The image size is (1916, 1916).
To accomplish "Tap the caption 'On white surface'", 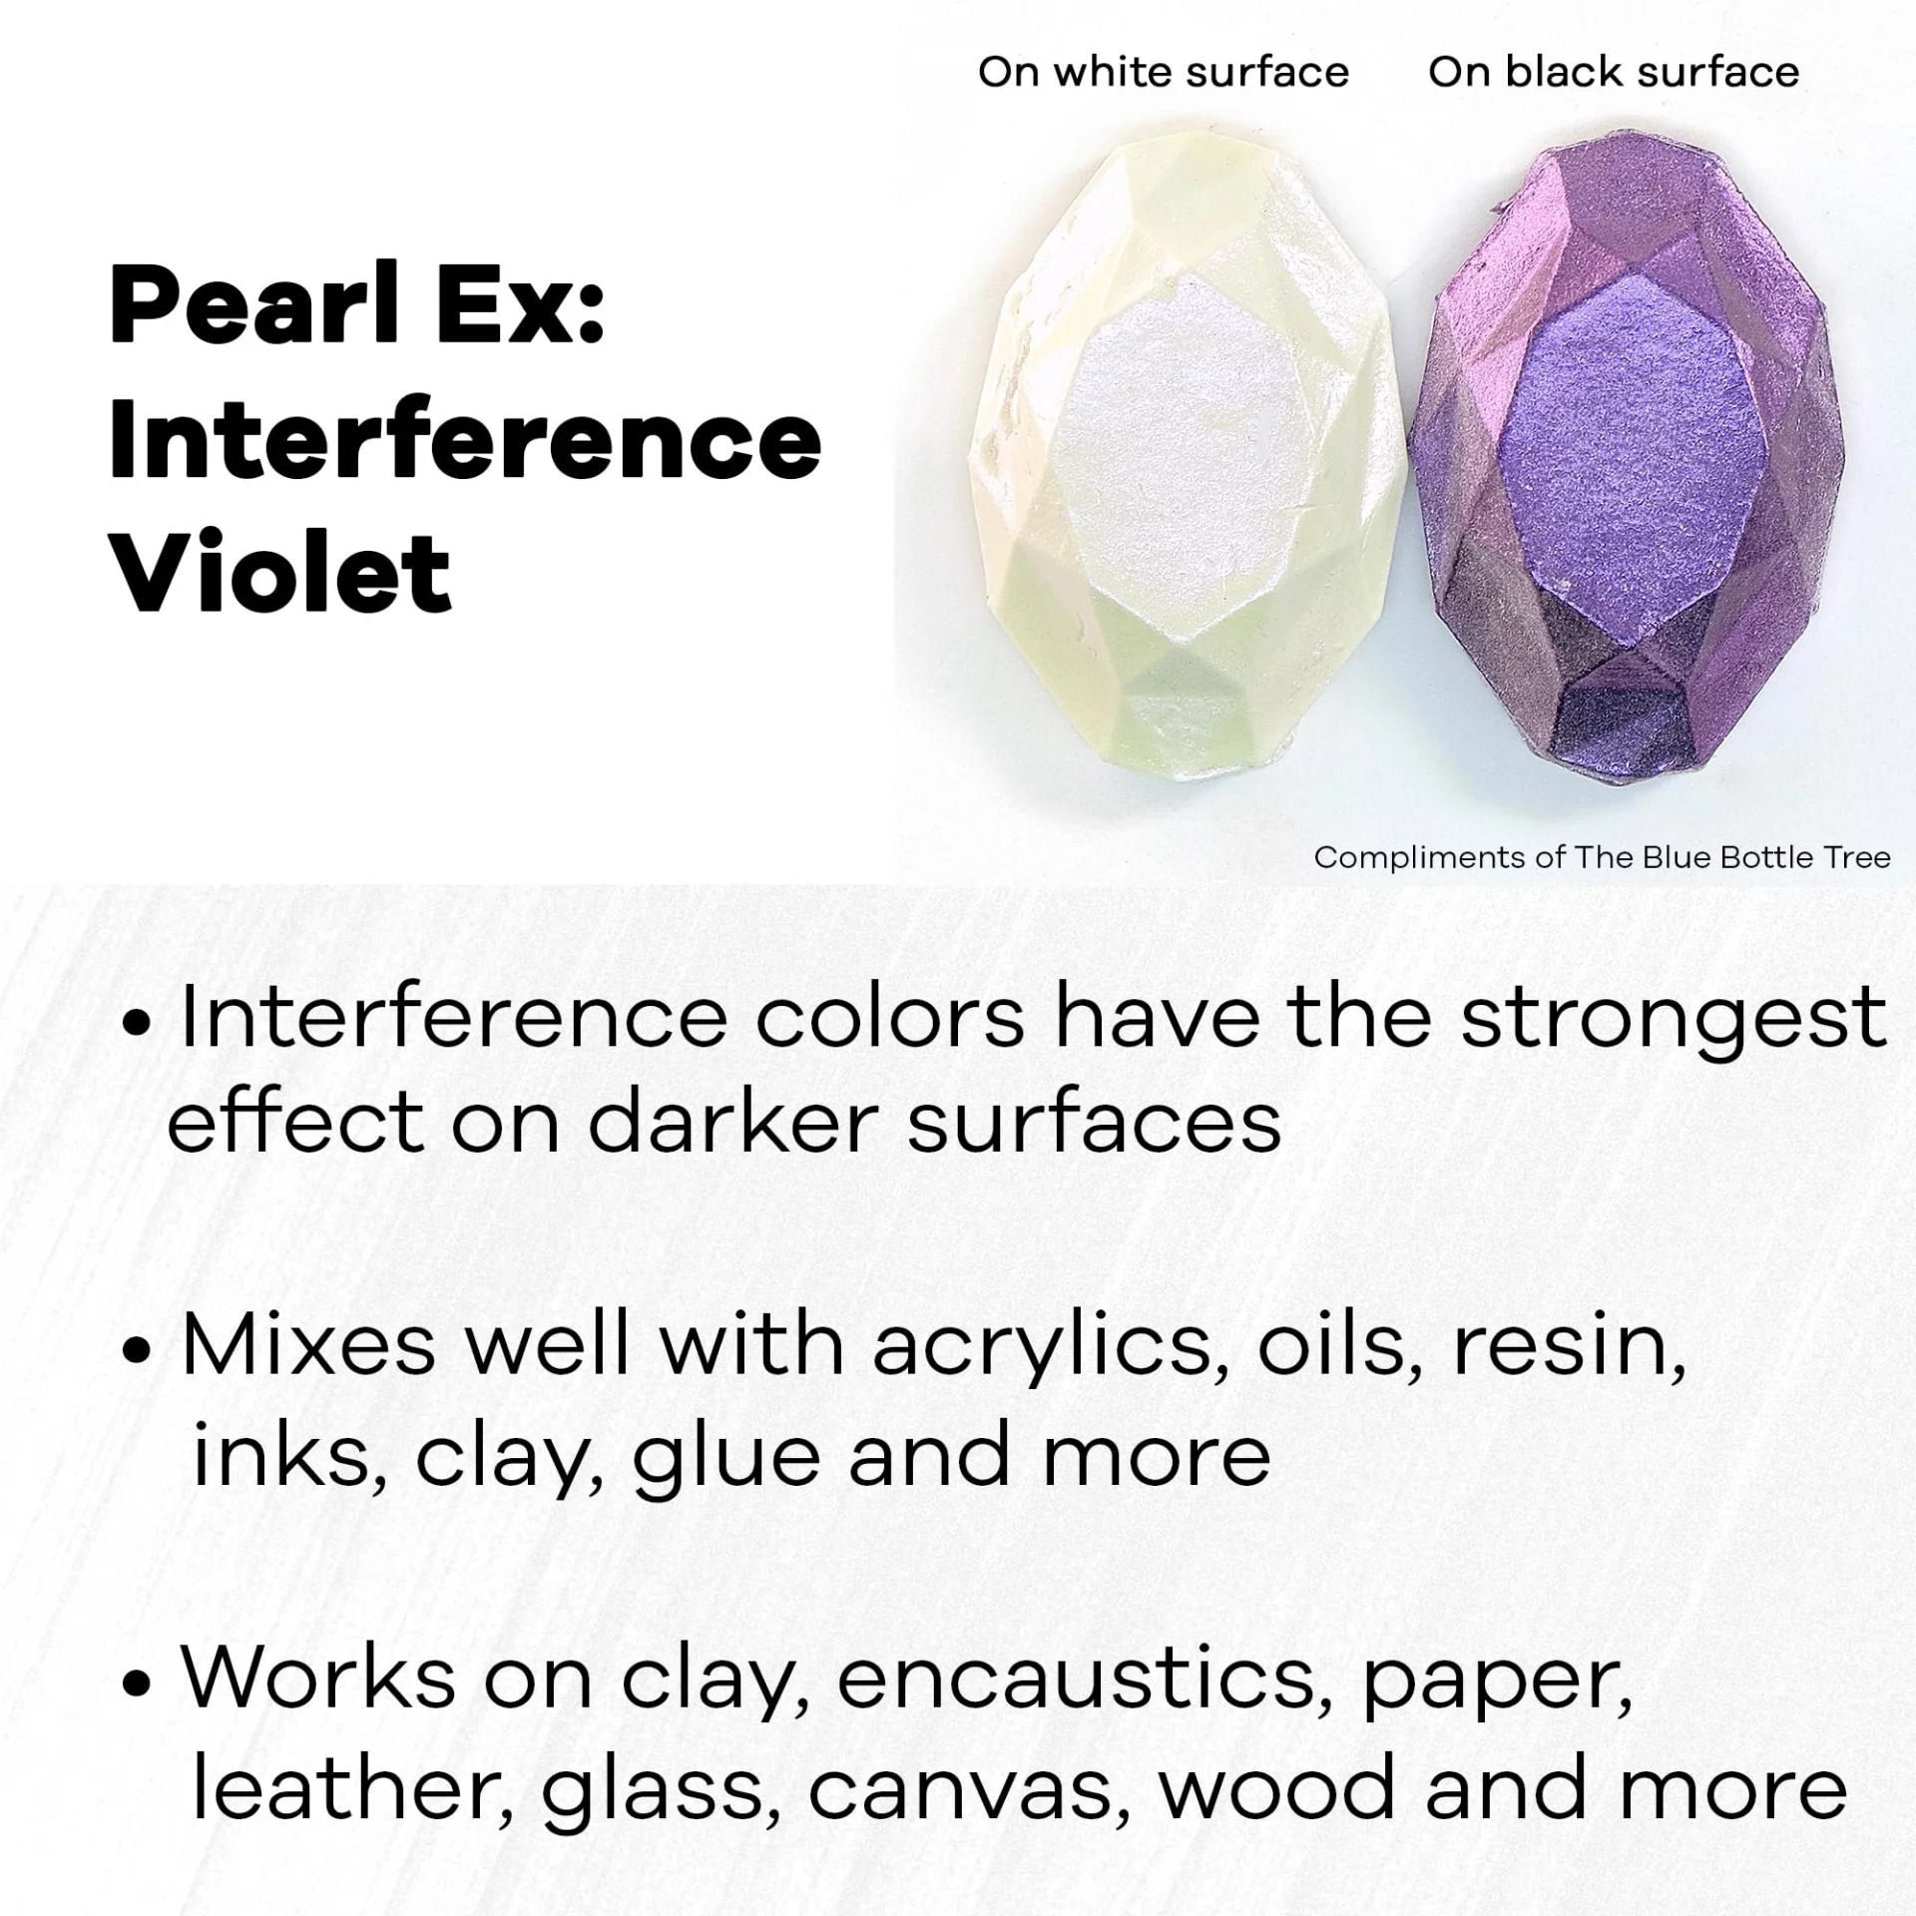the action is (x=1164, y=72).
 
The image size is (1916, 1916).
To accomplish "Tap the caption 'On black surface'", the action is (x=1614, y=72).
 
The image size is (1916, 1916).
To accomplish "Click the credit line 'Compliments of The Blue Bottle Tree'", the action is (x=1602, y=857).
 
